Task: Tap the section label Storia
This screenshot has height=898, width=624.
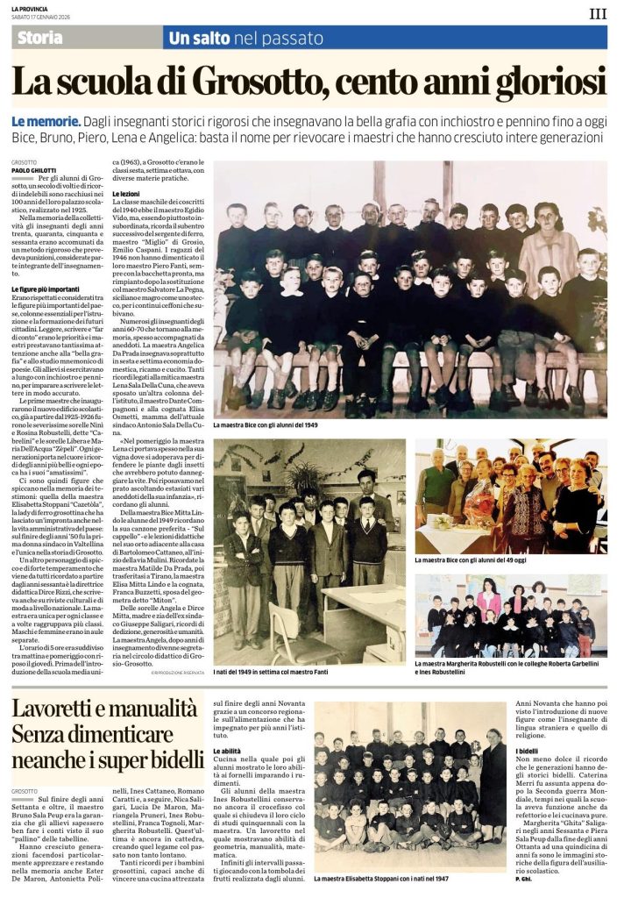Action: click(x=40, y=37)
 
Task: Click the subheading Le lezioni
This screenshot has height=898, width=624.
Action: click(x=124, y=191)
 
